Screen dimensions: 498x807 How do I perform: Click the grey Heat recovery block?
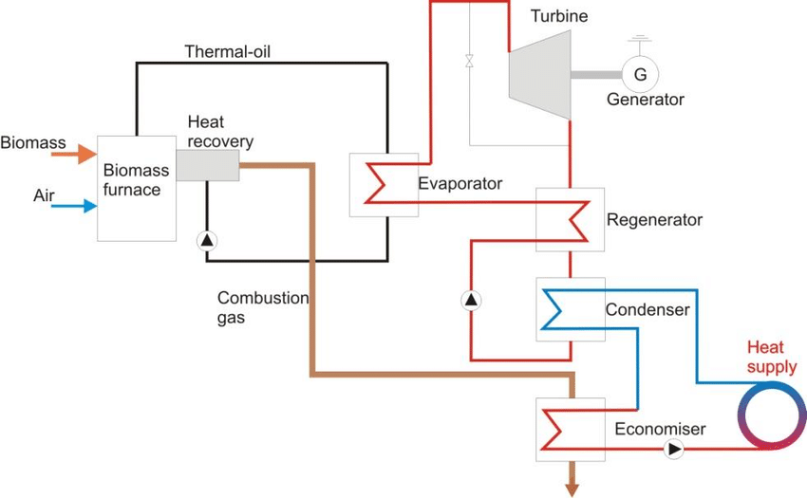[x=207, y=166]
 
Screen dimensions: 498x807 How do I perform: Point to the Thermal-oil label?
[x=228, y=49]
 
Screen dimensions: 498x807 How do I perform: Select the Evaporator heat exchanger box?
[x=384, y=184]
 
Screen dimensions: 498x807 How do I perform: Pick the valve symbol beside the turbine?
[x=469, y=62]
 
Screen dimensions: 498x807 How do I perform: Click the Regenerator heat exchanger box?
[x=570, y=219]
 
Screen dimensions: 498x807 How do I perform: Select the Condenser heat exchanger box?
[x=570, y=309]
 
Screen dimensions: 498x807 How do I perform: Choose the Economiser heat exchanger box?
[x=570, y=428]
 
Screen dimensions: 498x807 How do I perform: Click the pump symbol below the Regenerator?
[x=471, y=301]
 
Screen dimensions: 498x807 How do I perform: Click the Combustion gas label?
[x=263, y=307]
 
